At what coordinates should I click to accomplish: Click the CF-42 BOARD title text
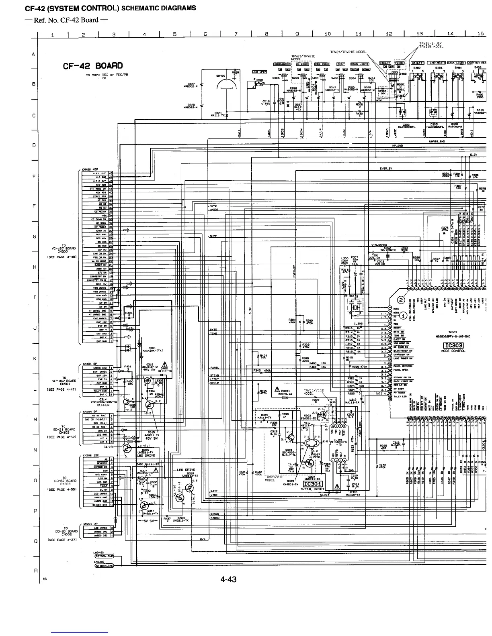pos(92,66)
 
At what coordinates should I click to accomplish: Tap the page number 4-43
pos(228,579)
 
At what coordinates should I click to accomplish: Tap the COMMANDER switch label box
pos(282,64)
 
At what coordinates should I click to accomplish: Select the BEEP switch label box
pos(340,64)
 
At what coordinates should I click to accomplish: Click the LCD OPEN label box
pos(260,72)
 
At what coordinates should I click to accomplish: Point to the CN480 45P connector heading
pos(91,169)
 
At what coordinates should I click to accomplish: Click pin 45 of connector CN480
pos(111,173)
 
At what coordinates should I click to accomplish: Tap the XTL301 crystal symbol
pos(354,308)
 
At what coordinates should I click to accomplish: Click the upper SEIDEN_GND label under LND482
pos(104,556)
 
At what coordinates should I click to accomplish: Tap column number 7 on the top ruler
pos(236,34)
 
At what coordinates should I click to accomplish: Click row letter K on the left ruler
pos(35,359)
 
